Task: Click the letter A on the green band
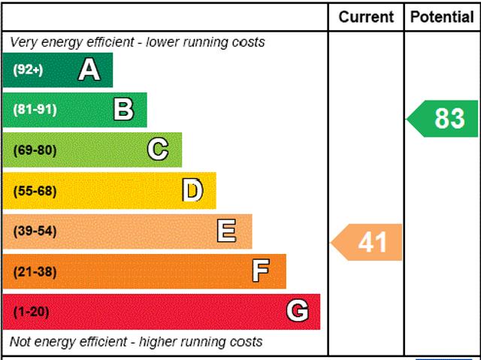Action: [89, 70]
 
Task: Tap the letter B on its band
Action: [123, 110]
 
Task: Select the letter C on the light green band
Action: [158, 150]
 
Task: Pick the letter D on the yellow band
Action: [192, 191]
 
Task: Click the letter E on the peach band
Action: [226, 231]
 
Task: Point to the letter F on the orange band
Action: [261, 271]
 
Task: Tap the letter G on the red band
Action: [298, 311]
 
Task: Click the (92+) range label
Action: [28, 70]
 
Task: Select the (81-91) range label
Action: [35, 110]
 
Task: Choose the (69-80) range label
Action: [35, 150]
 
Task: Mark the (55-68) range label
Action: [35, 191]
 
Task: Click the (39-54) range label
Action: [35, 231]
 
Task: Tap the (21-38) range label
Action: [35, 271]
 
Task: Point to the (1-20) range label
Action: [31, 311]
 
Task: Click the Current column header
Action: [366, 17]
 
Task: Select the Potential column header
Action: [442, 17]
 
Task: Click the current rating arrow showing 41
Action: [368, 242]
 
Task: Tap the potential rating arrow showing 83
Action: [444, 119]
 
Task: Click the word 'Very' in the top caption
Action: [24, 42]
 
